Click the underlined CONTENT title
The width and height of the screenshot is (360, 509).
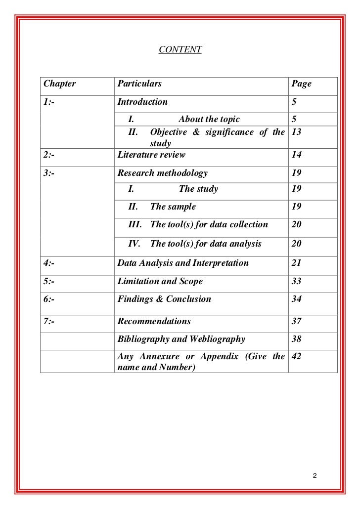(180, 49)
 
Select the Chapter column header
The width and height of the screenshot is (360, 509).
(59, 84)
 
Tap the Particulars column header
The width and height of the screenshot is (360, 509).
(139, 84)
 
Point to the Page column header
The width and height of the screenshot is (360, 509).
(302, 84)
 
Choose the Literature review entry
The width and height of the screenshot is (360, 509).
(151, 155)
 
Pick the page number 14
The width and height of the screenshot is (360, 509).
(297, 155)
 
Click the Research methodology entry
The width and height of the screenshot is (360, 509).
(162, 173)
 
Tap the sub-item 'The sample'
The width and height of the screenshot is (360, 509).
(173, 207)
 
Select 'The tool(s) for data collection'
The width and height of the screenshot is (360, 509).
(209, 225)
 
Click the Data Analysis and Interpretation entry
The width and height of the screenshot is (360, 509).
(183, 263)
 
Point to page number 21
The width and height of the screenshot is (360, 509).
(297, 263)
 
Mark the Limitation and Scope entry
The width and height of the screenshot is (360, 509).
(160, 281)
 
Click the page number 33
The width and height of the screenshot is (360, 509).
(297, 281)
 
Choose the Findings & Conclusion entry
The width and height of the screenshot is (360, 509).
(164, 299)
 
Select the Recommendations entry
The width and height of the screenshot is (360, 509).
(154, 321)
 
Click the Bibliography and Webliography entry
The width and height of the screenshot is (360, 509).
(181, 339)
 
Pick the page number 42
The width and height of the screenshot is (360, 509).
(297, 356)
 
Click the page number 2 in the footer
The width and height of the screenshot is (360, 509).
(315, 476)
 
